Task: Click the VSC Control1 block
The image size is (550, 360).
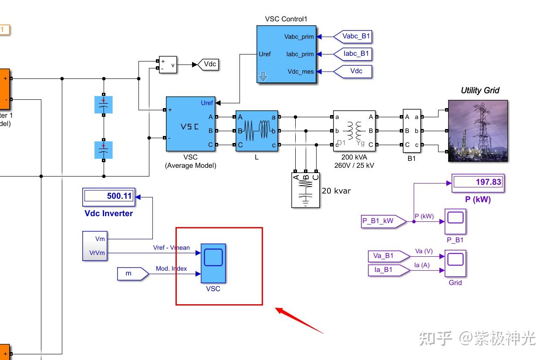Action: [x=287, y=54]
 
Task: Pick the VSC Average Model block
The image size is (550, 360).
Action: [x=190, y=124]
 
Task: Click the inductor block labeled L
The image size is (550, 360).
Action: [x=256, y=131]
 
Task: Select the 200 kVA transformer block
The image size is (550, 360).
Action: [x=354, y=131]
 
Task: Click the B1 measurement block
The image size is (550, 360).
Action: [x=412, y=131]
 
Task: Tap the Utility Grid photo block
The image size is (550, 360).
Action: [x=478, y=131]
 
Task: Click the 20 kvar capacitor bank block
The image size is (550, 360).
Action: [x=305, y=190]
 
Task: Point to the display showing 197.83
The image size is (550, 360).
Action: [x=478, y=183]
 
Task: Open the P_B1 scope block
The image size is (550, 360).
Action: [x=455, y=221]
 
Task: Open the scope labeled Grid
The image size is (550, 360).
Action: [x=455, y=263]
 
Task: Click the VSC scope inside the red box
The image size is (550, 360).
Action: [x=213, y=263]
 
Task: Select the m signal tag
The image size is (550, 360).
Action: [x=132, y=274]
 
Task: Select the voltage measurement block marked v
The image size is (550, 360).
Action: [x=168, y=65]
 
